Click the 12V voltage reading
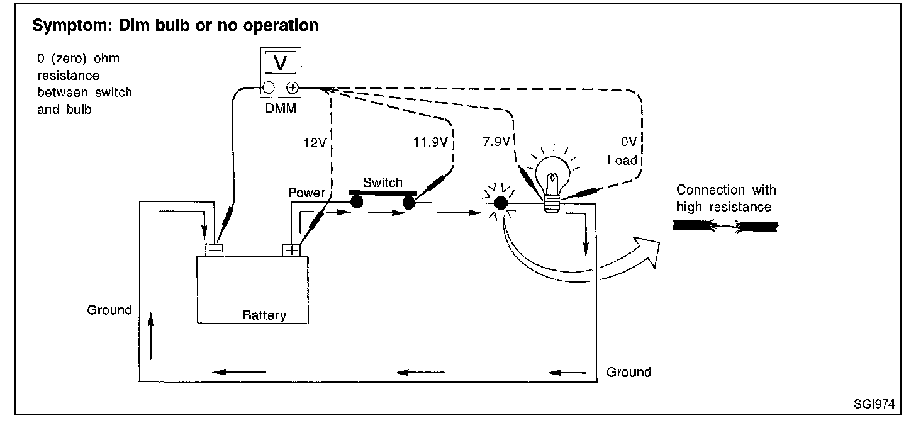[x=315, y=143]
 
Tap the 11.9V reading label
[x=430, y=142]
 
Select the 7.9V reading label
[x=496, y=142]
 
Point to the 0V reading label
[x=629, y=142]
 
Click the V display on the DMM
[x=281, y=63]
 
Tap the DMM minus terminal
[x=268, y=87]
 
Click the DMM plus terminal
[x=293, y=87]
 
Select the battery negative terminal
[x=214, y=249]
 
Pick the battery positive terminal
[x=291, y=250]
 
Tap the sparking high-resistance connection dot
[x=501, y=203]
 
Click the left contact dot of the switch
[x=357, y=201]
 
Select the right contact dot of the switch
[x=408, y=202]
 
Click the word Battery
[x=264, y=315]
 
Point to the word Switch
[x=383, y=183]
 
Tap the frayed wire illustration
[x=725, y=226]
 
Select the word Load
[x=622, y=160]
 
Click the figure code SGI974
[x=874, y=404]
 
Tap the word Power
[x=307, y=193]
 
